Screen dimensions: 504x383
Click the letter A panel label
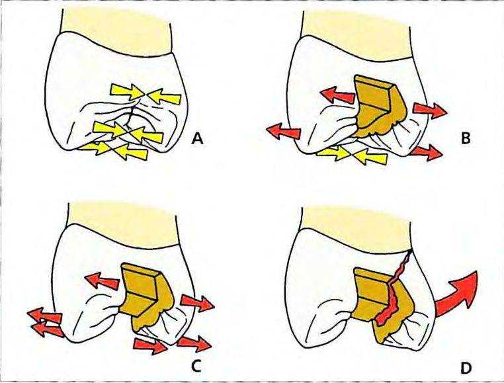point(197,139)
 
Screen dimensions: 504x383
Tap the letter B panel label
point(466,139)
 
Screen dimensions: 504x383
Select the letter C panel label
point(196,366)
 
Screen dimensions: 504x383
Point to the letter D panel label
point(466,368)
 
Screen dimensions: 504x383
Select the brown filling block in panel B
point(379,105)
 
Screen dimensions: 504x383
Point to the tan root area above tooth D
point(357,227)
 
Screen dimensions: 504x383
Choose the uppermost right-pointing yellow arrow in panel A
point(126,91)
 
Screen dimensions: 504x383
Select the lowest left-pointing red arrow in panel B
point(284,131)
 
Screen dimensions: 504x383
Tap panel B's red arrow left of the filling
point(337,95)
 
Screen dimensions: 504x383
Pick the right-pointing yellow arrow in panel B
point(333,153)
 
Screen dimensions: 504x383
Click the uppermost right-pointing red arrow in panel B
point(430,110)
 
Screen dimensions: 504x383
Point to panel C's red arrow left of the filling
point(103,280)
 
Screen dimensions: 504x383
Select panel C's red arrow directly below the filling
point(150,345)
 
